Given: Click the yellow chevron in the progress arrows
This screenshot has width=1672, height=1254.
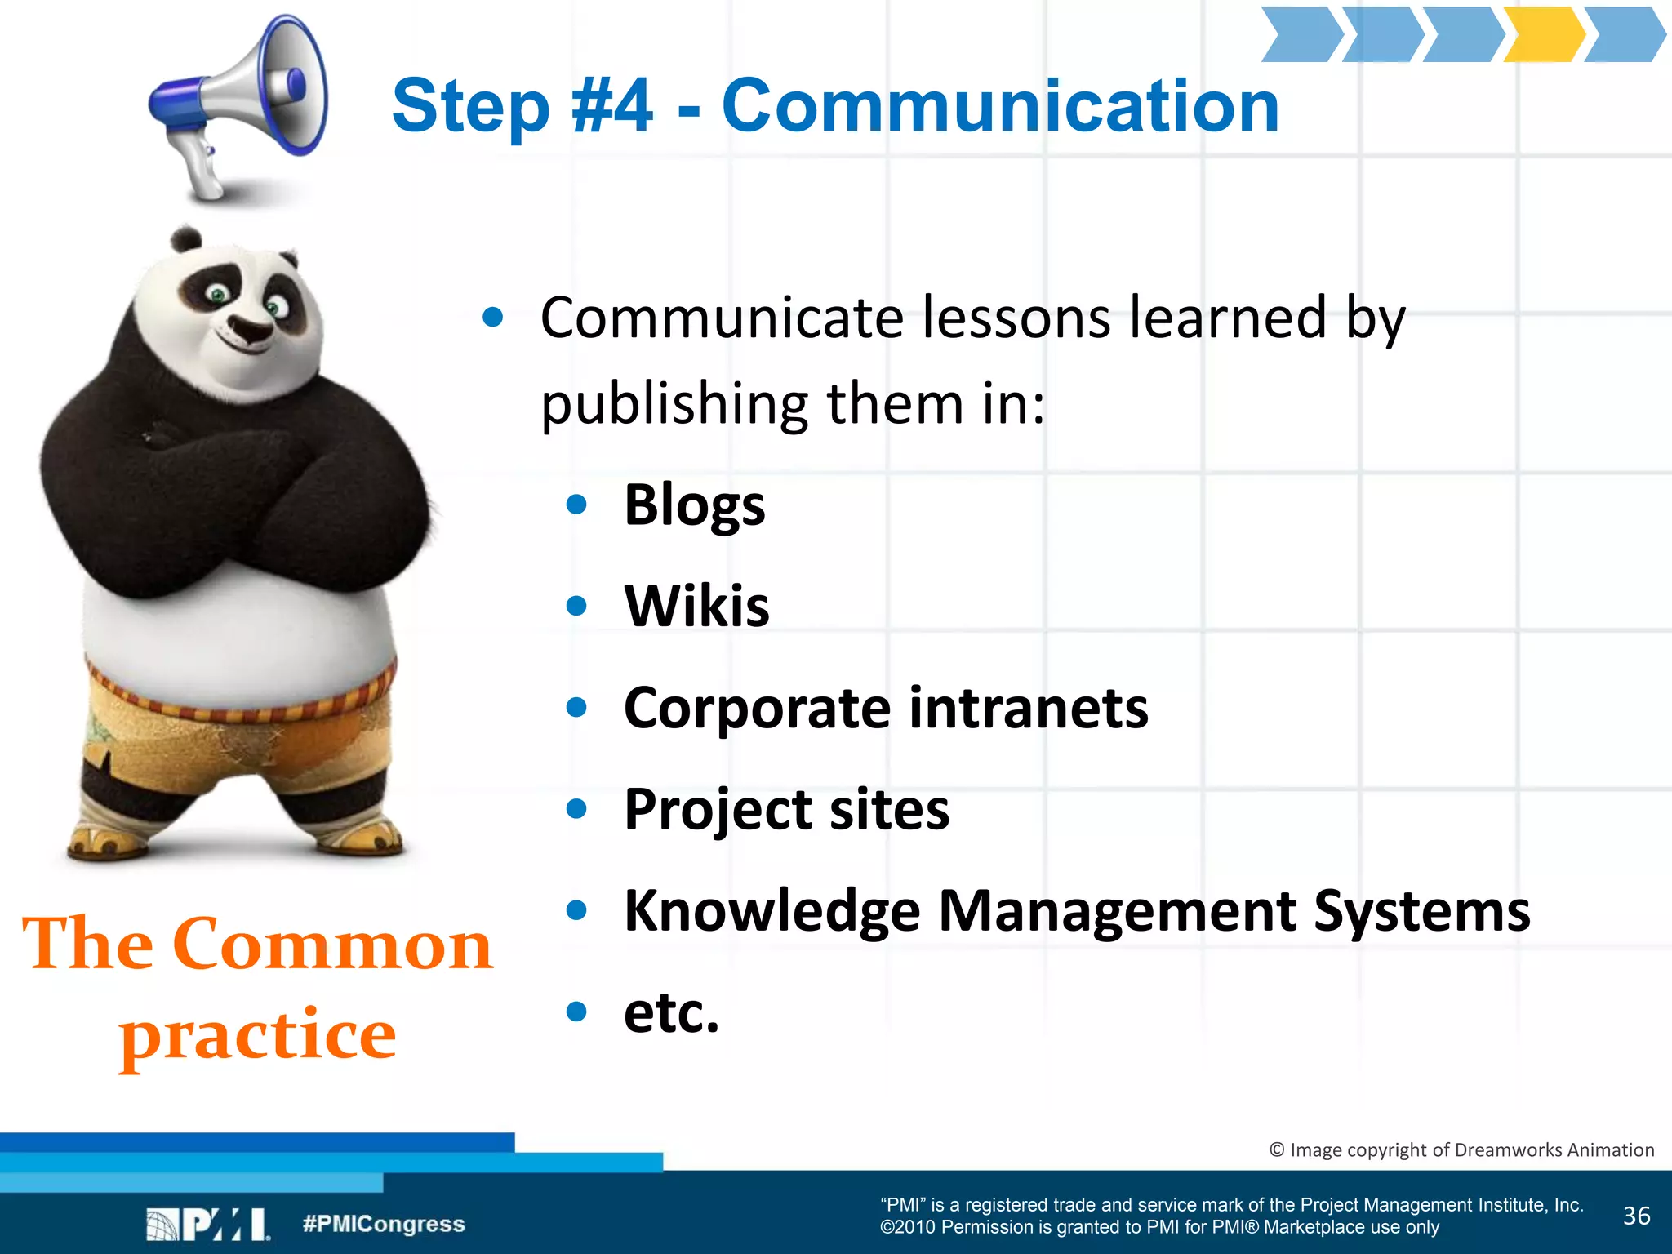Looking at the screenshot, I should point(1542,34).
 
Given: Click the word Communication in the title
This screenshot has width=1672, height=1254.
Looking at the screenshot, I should point(1000,106).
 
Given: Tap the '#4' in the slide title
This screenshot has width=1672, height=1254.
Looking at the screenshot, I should point(612,106).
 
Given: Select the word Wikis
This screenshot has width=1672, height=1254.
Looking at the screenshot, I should point(696,606).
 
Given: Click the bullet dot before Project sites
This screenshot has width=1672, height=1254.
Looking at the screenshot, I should point(576,808).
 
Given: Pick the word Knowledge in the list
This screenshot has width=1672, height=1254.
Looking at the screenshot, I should point(772,910).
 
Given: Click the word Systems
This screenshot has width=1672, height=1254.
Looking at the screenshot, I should point(1421,910).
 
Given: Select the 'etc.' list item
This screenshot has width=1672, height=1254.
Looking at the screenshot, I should point(671,1012).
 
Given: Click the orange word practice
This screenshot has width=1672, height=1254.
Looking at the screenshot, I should point(258,1035).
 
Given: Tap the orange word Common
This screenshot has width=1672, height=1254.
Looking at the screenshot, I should point(332,944).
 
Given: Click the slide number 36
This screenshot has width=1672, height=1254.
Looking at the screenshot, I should point(1636,1216).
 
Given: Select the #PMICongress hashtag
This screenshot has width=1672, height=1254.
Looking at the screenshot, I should point(384,1224).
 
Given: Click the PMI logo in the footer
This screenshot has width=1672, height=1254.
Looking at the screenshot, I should point(208,1224).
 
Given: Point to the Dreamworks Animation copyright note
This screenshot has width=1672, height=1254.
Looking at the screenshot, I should point(1461,1149).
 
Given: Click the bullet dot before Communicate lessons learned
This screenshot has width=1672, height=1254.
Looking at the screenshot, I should point(492,317).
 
